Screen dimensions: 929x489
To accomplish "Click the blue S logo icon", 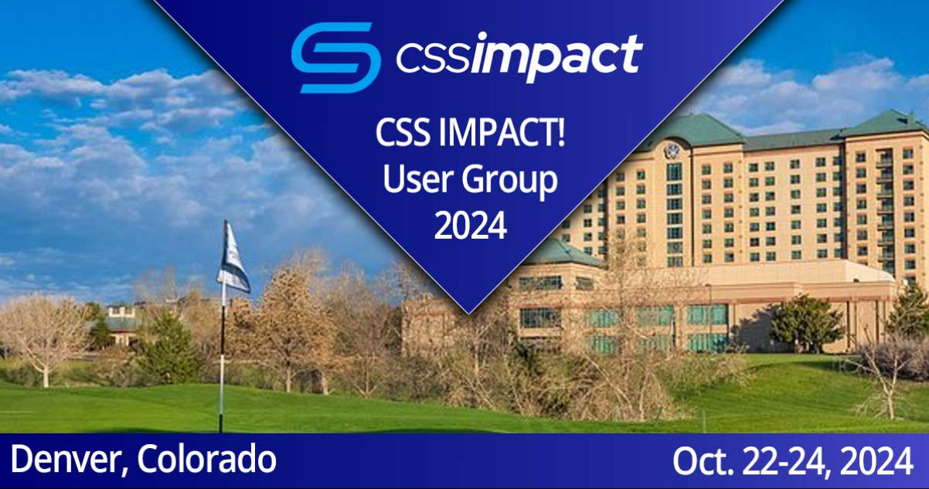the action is coord(336,58).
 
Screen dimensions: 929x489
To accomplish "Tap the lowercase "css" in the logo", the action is coord(434,59).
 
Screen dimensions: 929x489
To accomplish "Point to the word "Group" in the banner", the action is coord(509,183).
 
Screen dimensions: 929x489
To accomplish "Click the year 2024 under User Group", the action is coord(471,226).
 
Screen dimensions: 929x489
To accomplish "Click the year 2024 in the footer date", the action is coord(877,461).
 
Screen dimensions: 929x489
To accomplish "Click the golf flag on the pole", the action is coord(233,258).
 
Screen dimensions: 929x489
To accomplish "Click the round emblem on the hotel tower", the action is coord(670,150).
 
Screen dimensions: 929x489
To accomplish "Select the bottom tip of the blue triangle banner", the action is coord(468,314).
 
